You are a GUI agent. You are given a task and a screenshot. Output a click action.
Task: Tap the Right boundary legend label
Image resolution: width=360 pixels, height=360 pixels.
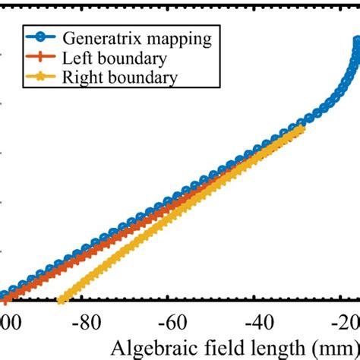pyautogui.click(x=113, y=77)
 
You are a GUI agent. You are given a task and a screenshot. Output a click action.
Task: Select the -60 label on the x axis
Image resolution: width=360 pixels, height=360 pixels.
pyautogui.click(x=175, y=320)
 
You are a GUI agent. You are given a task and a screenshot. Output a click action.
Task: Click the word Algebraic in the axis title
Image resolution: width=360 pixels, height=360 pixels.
pyautogui.click(x=147, y=348)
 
